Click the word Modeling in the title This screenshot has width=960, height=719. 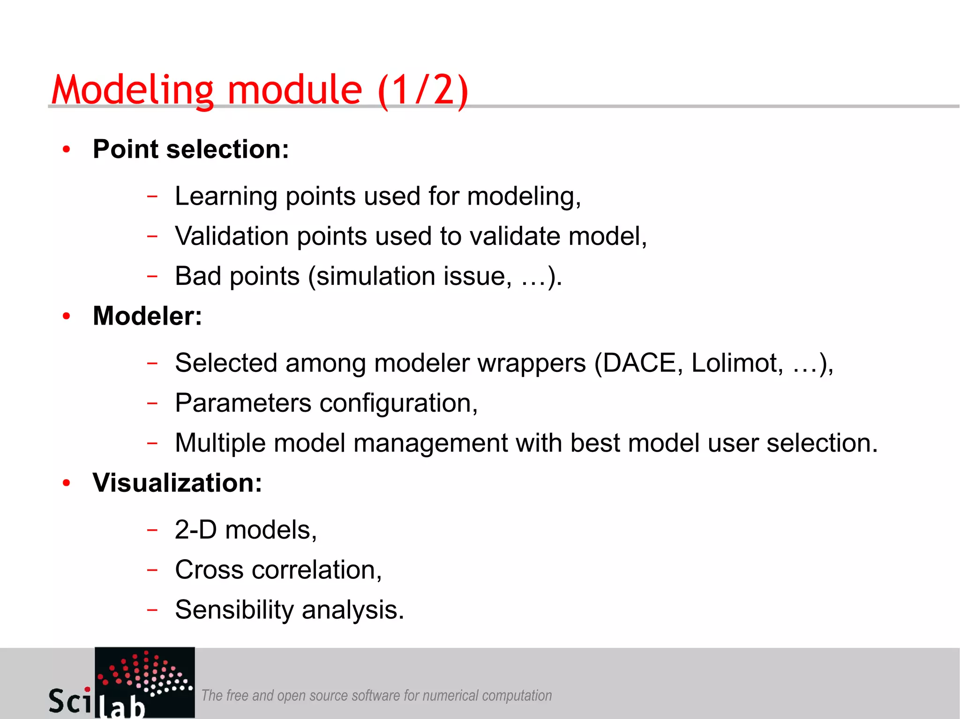[x=133, y=90]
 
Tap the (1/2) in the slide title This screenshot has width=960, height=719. [x=423, y=90]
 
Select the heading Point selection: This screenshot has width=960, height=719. [x=191, y=149]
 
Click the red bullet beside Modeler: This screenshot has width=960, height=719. [x=67, y=316]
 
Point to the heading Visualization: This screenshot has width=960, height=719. [x=177, y=483]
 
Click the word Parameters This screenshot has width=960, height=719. [x=243, y=403]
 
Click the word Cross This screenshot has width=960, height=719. [x=209, y=570]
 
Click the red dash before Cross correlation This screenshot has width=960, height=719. [x=152, y=570]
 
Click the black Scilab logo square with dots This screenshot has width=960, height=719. [x=145, y=675]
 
